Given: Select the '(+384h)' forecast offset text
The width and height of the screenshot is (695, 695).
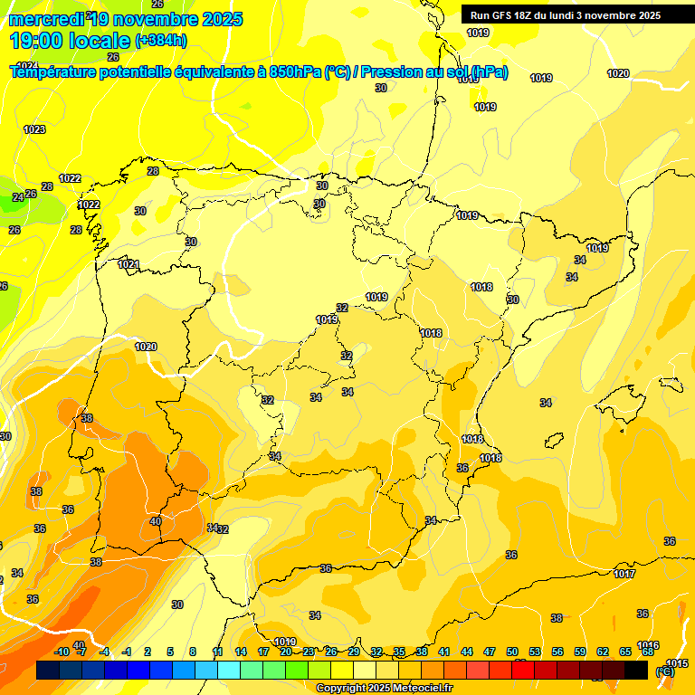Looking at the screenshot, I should point(161,41).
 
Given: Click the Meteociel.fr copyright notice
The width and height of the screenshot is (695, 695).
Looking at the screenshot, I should point(385,688).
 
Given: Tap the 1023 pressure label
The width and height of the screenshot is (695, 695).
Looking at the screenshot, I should point(34,129).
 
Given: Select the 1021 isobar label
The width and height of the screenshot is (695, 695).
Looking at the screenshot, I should point(129,264).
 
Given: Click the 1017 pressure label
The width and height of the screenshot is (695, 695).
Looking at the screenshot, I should point(624,574).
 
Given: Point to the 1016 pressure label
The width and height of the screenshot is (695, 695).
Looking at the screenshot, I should point(648,645).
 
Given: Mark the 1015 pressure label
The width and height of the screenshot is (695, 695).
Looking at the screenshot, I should point(676,663).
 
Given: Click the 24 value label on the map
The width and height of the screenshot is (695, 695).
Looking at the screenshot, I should point(17,197).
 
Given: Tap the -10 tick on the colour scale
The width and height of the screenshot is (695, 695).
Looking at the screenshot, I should point(62,652).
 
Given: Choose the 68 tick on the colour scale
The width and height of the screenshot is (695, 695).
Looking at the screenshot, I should point(648,652).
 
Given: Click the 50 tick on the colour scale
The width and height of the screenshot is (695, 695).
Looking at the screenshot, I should point(512,652).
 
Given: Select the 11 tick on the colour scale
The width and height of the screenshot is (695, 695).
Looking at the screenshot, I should point(218,652).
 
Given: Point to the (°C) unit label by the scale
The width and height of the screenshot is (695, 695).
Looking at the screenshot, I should point(664,671).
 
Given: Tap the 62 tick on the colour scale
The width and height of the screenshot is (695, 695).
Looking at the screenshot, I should point(603,652).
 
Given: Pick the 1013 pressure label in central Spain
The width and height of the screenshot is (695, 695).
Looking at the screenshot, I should point(327,319).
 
